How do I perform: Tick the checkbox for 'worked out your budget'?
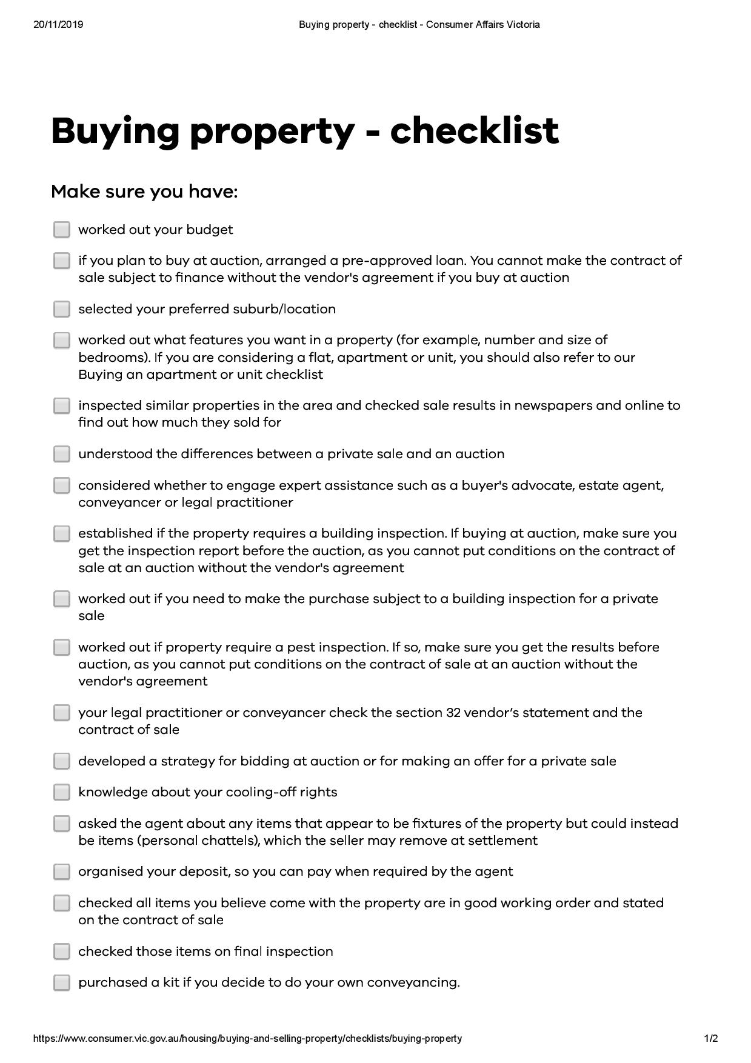(x=61, y=230)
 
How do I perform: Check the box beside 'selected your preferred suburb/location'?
(x=61, y=309)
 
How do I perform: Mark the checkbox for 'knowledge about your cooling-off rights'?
(x=61, y=792)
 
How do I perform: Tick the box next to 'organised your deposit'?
(x=61, y=871)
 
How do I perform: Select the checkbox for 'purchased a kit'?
(x=61, y=982)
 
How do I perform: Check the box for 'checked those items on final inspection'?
(x=61, y=951)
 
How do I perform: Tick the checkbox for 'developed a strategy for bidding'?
(x=61, y=761)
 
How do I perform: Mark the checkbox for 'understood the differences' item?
(x=61, y=454)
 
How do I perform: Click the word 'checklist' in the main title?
(x=474, y=130)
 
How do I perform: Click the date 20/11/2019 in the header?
(x=58, y=25)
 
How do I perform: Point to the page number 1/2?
(x=711, y=1038)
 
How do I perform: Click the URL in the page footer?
(x=247, y=1038)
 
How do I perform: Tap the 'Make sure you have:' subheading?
(x=144, y=192)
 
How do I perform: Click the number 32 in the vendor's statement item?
(x=453, y=713)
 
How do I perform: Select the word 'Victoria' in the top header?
(x=523, y=25)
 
